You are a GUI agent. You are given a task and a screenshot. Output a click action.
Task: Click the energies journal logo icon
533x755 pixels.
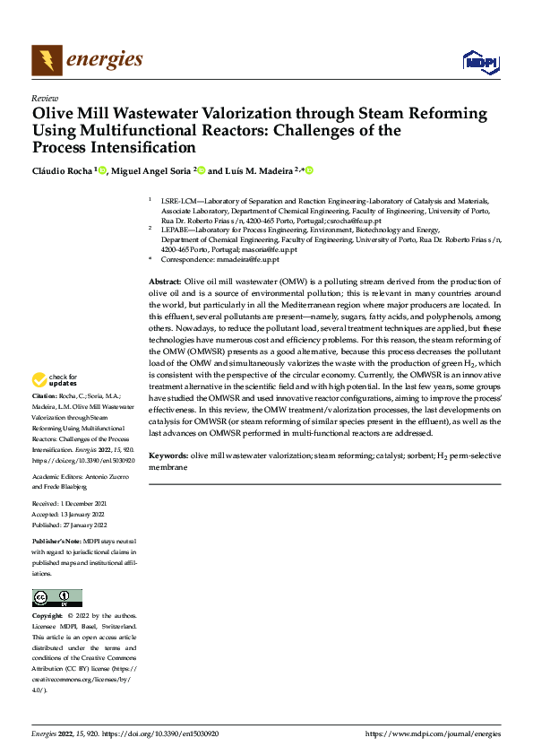pos(47,60)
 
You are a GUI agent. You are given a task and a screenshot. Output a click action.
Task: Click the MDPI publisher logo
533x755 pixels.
pos(480,61)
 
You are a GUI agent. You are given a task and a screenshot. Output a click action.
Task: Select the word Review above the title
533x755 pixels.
pos(45,98)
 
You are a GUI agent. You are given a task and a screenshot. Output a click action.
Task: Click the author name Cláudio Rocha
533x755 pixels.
pos(62,169)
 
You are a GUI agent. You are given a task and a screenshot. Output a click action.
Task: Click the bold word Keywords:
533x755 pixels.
pos(168,456)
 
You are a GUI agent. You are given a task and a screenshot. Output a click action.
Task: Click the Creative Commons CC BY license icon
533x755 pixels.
pos(57,597)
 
